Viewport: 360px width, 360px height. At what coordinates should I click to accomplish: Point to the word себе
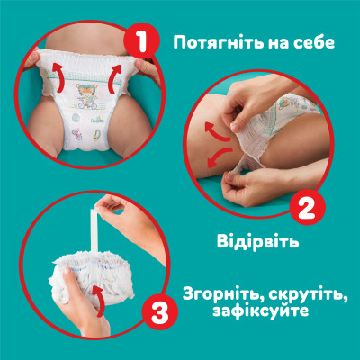click(x=322, y=42)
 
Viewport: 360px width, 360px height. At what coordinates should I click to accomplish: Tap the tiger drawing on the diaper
click(x=85, y=94)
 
